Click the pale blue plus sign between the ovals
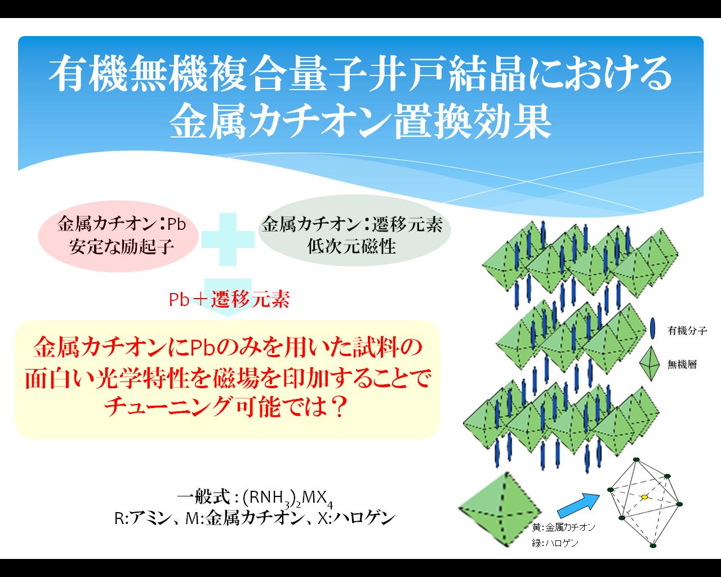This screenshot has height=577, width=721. [x=228, y=239]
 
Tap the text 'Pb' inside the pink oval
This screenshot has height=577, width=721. [x=176, y=224]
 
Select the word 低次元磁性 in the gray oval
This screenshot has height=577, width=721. [x=351, y=246]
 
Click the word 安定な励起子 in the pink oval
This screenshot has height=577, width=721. [x=121, y=247]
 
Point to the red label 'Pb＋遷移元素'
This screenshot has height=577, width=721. [x=229, y=299]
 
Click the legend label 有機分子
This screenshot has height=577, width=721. [x=687, y=331]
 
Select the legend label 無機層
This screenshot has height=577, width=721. [x=682, y=364]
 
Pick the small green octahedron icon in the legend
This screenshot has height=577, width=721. [x=650, y=363]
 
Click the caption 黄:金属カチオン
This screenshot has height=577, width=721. [x=563, y=527]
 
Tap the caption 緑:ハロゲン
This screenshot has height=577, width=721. [x=555, y=543]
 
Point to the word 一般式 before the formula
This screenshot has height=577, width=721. [x=203, y=496]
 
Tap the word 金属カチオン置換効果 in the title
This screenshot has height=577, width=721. [x=360, y=121]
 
